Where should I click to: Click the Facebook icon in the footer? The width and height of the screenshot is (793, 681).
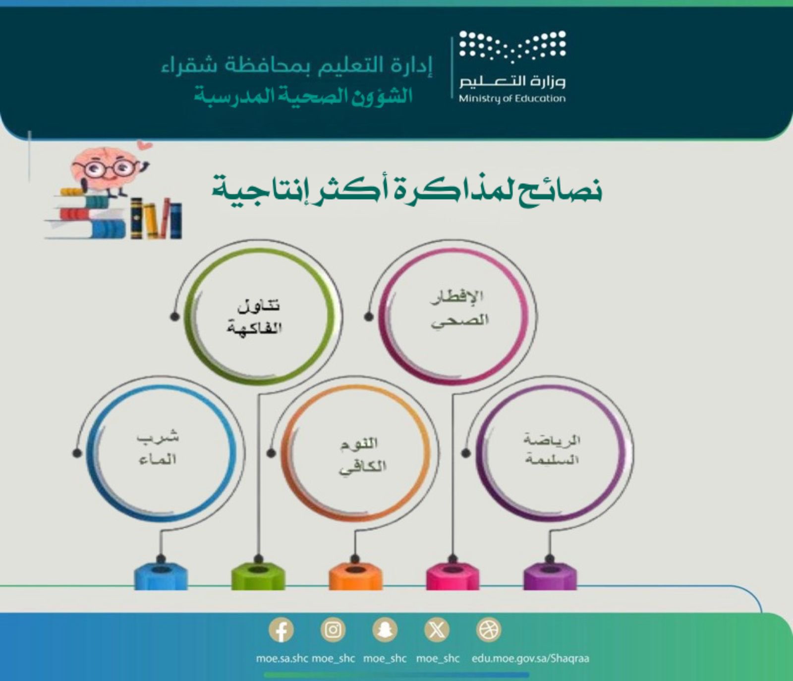(x=281, y=630)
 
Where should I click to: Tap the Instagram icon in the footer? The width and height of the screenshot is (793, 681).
(x=333, y=630)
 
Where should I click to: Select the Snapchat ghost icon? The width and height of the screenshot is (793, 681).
(x=385, y=630)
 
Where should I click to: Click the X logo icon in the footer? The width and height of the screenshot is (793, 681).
(x=437, y=630)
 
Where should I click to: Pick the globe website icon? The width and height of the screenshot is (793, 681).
(x=488, y=630)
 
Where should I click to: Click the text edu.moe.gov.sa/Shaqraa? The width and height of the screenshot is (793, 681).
(x=530, y=659)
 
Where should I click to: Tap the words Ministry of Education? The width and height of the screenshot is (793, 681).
(x=512, y=99)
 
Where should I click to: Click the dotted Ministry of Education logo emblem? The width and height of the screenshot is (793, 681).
(x=512, y=47)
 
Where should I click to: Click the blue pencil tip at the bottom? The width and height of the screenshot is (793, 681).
(x=161, y=575)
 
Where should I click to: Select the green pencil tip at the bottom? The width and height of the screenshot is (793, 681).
(x=258, y=575)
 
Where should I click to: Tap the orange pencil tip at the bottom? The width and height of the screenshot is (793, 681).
(x=355, y=575)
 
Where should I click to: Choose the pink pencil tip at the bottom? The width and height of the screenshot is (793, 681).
(x=453, y=575)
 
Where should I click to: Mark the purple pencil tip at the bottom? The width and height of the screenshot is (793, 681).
(x=550, y=575)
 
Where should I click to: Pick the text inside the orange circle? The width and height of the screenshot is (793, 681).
(x=362, y=455)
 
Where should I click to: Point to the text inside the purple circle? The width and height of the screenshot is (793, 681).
(x=552, y=450)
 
